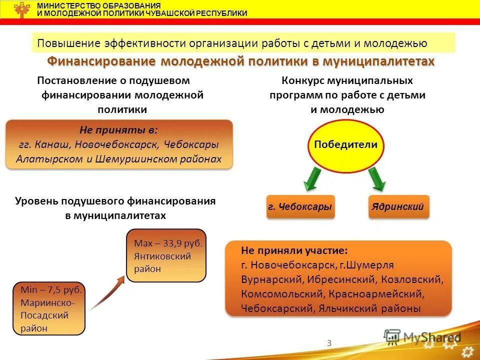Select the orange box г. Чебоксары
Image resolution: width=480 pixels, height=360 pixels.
pos(300,206)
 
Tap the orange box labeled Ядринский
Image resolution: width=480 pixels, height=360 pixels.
pos(398,206)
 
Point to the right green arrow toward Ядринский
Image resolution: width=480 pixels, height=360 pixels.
pos(377,178)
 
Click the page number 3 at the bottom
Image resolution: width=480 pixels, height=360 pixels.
pos(329,342)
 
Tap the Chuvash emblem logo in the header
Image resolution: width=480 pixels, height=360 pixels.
pos(22,9)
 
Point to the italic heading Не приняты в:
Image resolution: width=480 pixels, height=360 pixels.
pos(118,130)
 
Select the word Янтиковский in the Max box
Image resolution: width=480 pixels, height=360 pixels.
pos(162,256)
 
